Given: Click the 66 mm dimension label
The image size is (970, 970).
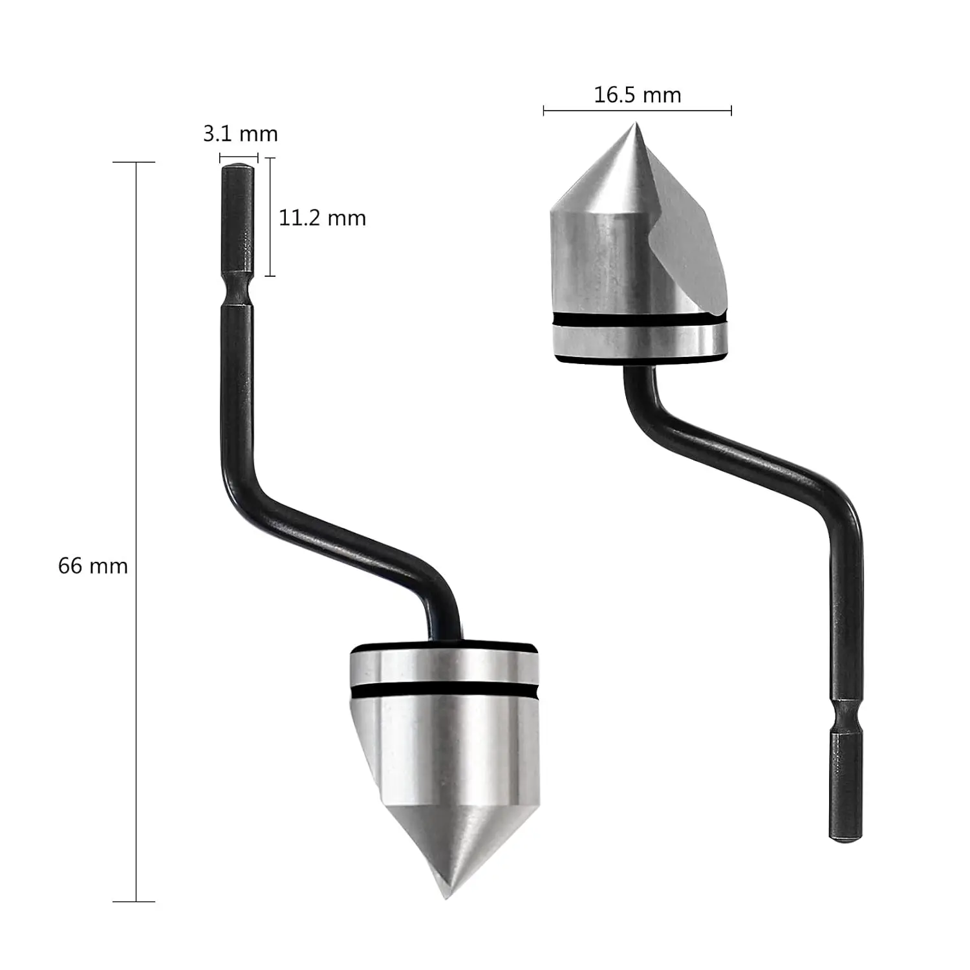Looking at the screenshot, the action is (x=93, y=566).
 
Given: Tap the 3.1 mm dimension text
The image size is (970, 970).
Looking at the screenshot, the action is (x=240, y=134).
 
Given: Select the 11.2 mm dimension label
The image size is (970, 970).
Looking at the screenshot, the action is (x=322, y=218).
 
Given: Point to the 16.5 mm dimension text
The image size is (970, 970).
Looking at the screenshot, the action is (x=638, y=95).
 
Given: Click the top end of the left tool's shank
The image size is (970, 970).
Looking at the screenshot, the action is (x=237, y=166).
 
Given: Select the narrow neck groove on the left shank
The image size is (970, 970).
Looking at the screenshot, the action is (x=238, y=288).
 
